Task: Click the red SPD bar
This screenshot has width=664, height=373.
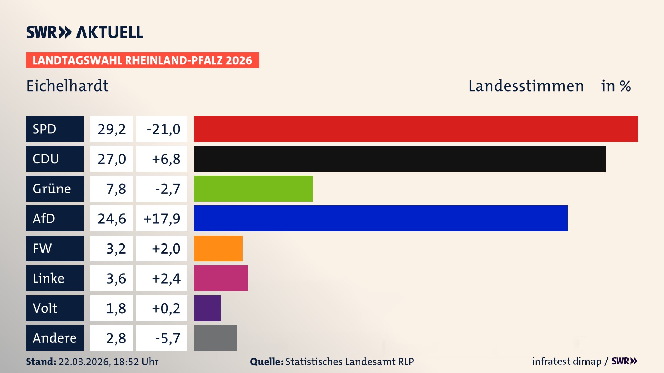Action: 416,129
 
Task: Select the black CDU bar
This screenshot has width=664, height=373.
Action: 399,159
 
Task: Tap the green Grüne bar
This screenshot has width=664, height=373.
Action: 253,189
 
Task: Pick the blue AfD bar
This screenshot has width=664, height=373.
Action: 380,218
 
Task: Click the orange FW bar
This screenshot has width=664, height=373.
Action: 218,248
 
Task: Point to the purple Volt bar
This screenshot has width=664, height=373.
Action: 207,308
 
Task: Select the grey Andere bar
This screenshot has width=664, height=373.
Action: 215,338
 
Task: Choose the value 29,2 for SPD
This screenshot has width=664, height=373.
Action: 111,129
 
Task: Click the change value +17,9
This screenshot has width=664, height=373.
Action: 162,218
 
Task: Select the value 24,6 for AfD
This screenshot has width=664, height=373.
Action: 111,218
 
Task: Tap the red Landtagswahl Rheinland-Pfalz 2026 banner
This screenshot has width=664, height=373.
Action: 142,60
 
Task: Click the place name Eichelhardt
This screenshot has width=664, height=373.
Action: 67,86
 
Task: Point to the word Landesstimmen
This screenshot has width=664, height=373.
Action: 526,86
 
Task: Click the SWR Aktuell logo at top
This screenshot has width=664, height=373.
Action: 85,32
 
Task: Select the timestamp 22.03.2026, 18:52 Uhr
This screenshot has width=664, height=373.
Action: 108,362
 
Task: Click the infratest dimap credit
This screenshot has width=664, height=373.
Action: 566,361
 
